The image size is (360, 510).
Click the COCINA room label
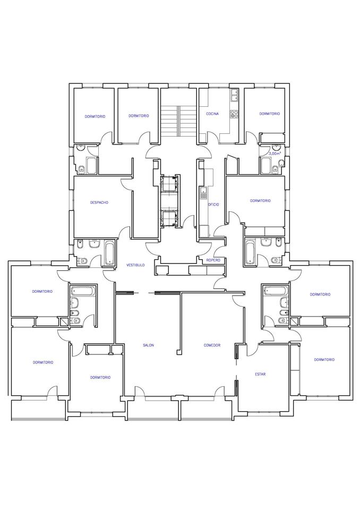pos(212,114)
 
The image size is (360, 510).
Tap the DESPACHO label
pos(99,202)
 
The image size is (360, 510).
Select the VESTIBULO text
pos(135,265)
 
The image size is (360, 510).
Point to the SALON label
pos(148,345)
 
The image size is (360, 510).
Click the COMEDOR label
pos(212,345)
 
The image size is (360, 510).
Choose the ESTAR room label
pos(260,374)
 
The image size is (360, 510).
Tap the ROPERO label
pos(213,260)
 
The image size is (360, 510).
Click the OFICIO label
pos(213,205)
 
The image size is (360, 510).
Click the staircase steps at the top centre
pos(178,121)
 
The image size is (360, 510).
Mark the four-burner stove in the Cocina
pos(234,114)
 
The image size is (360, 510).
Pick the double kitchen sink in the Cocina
pos(234,95)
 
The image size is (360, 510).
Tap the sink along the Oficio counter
pos(203,193)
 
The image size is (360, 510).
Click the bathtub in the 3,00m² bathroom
pos(266,166)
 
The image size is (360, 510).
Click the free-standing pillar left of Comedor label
pos(178,352)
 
